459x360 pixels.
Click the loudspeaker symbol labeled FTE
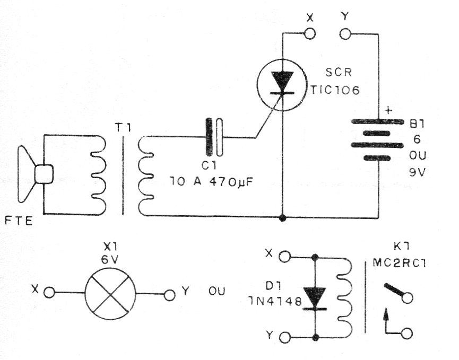(33, 174)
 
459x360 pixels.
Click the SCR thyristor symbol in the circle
(282, 84)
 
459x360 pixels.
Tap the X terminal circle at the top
(310, 34)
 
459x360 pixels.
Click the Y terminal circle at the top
(345, 34)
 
